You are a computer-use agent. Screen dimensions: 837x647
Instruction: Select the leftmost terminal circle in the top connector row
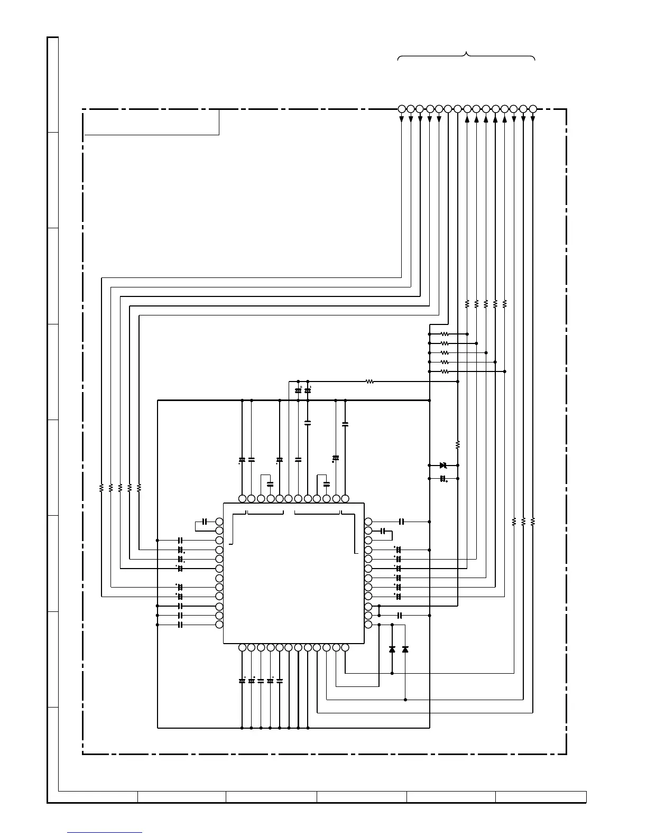(x=401, y=109)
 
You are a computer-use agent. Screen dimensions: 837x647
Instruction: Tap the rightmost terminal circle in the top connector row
(x=533, y=109)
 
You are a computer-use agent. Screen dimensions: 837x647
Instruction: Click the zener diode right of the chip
(x=443, y=465)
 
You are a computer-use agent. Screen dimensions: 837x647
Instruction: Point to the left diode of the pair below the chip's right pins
(x=392, y=649)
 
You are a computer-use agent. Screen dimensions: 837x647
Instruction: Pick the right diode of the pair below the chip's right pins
(x=405, y=649)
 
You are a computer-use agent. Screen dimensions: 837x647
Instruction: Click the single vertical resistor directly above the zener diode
(x=458, y=444)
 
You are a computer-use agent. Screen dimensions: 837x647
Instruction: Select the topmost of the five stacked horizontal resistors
(x=445, y=334)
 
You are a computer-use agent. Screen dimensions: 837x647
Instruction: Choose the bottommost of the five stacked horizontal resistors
(x=445, y=371)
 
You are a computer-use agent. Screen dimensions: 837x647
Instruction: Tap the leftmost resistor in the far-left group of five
(x=101, y=488)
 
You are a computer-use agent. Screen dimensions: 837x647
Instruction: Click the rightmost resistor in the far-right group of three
(x=533, y=522)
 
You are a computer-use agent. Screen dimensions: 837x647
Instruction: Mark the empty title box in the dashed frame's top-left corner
(x=152, y=122)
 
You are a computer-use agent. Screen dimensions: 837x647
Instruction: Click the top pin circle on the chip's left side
(x=219, y=522)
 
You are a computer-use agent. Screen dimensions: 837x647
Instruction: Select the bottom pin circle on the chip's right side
(x=368, y=625)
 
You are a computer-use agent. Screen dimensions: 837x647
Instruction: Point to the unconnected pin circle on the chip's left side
(x=219, y=578)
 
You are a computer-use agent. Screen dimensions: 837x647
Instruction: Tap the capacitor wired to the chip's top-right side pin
(x=402, y=522)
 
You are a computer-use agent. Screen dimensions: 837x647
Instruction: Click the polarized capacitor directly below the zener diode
(x=443, y=479)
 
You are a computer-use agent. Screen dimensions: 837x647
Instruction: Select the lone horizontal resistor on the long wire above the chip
(x=370, y=381)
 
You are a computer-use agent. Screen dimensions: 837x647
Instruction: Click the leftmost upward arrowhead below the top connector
(x=467, y=119)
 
